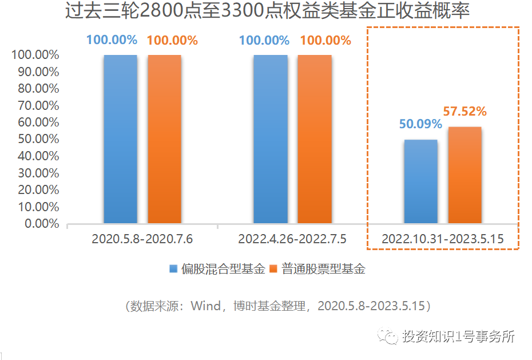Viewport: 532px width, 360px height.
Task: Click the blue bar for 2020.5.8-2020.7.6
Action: click(x=120, y=139)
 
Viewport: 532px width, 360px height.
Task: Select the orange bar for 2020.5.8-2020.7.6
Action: click(x=164, y=139)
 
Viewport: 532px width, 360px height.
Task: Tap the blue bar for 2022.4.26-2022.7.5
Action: click(x=271, y=139)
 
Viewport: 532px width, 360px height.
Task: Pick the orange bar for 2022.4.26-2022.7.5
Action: click(x=315, y=139)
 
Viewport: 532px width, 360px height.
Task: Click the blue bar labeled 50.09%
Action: click(x=421, y=181)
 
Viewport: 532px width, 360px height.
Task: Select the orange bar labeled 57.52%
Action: click(x=464, y=175)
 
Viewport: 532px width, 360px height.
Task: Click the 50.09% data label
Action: click(x=420, y=124)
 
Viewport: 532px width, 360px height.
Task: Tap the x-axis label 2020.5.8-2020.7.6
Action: click(x=142, y=239)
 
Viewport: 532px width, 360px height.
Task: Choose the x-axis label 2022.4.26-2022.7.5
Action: click(x=292, y=239)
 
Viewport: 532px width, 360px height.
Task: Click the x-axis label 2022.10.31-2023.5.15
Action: click(x=443, y=239)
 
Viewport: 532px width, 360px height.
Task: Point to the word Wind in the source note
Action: click(x=205, y=306)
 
